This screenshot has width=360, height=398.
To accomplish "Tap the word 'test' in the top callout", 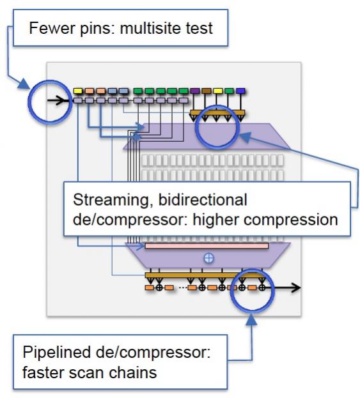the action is [199, 28].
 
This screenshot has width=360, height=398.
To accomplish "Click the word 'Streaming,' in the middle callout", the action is [114, 200].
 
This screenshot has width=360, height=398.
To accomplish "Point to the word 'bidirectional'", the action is [203, 200].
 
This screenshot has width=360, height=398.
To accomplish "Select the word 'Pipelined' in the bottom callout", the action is [56, 353].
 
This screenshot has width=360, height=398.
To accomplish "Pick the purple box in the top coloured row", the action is [195, 91].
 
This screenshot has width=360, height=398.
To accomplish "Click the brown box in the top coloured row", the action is [207, 91].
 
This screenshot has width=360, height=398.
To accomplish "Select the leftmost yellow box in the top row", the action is [78, 91].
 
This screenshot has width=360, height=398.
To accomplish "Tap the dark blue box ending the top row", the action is [240, 91].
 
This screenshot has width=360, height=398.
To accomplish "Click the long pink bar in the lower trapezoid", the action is [207, 246].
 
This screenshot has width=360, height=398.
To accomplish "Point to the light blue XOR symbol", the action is [209, 258].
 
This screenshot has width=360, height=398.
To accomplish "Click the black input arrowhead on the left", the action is [60, 100].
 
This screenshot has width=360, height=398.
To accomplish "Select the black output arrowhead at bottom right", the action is [295, 287].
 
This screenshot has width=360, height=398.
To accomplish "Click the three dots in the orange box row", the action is [183, 287].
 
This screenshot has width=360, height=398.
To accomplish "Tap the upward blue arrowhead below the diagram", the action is [251, 319].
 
